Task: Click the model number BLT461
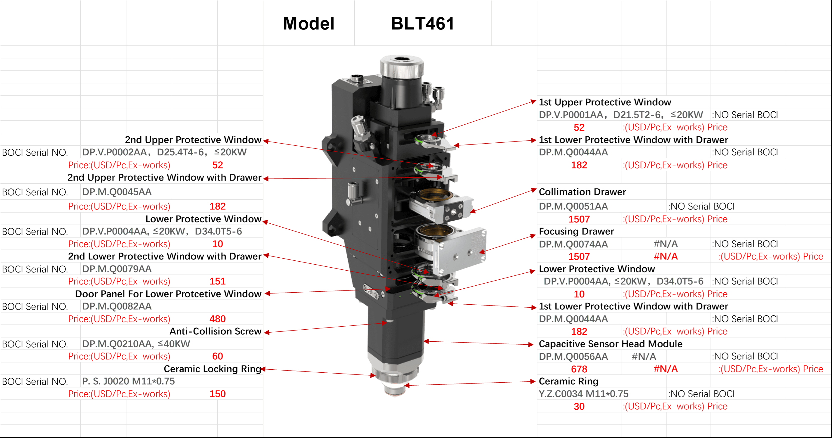tap(422, 23)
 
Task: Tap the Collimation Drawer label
tap(582, 192)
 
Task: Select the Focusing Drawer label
tap(576, 231)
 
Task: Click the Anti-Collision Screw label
tap(216, 331)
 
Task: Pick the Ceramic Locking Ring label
tap(213, 369)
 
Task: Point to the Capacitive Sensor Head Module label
tap(610, 344)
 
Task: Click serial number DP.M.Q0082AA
tap(117, 306)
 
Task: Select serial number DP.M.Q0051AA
tap(573, 206)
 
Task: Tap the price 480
tap(217, 319)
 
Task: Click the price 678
tap(579, 369)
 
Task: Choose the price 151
tap(217, 281)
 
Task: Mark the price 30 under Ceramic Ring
tap(579, 406)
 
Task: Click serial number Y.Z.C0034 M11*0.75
tap(584, 394)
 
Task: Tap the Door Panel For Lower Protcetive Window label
tap(168, 294)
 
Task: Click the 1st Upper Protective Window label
tap(605, 102)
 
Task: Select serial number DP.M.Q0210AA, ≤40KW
tap(136, 344)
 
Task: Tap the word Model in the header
tap(309, 23)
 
